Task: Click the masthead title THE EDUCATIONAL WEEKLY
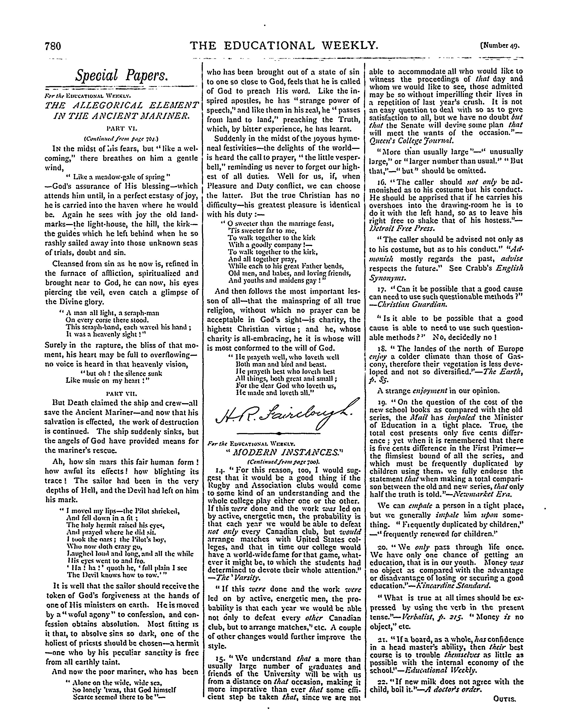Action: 284,45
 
